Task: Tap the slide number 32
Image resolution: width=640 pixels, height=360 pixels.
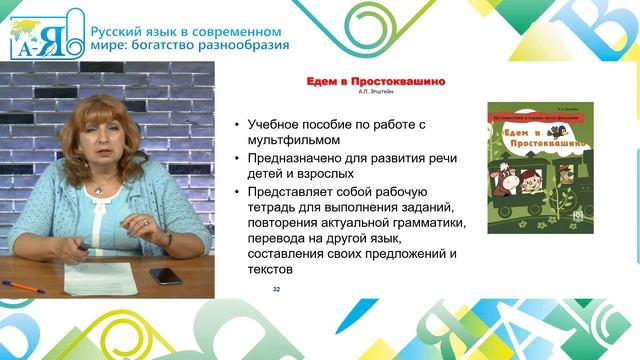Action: (x=277, y=288)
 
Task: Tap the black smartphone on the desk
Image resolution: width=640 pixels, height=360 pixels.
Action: (x=166, y=276)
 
